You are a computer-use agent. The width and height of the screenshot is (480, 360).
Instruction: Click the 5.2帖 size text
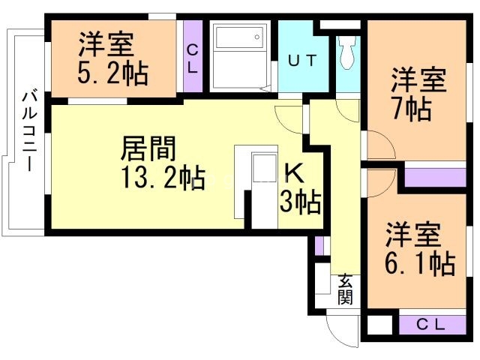[112, 73]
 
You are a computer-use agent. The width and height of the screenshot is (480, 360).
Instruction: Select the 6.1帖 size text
[420, 263]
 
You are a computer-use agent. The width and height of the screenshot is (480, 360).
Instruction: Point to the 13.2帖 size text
[161, 178]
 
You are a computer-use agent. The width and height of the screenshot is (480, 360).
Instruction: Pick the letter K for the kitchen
[293, 172]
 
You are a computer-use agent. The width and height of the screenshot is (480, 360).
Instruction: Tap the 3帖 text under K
[300, 201]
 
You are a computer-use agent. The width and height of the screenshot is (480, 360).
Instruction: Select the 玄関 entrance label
[345, 289]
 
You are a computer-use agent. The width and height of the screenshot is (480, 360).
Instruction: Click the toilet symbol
[348, 52]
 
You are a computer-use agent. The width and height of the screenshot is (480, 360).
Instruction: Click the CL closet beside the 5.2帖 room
[192, 57]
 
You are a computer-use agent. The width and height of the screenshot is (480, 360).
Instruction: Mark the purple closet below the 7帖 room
[434, 177]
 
